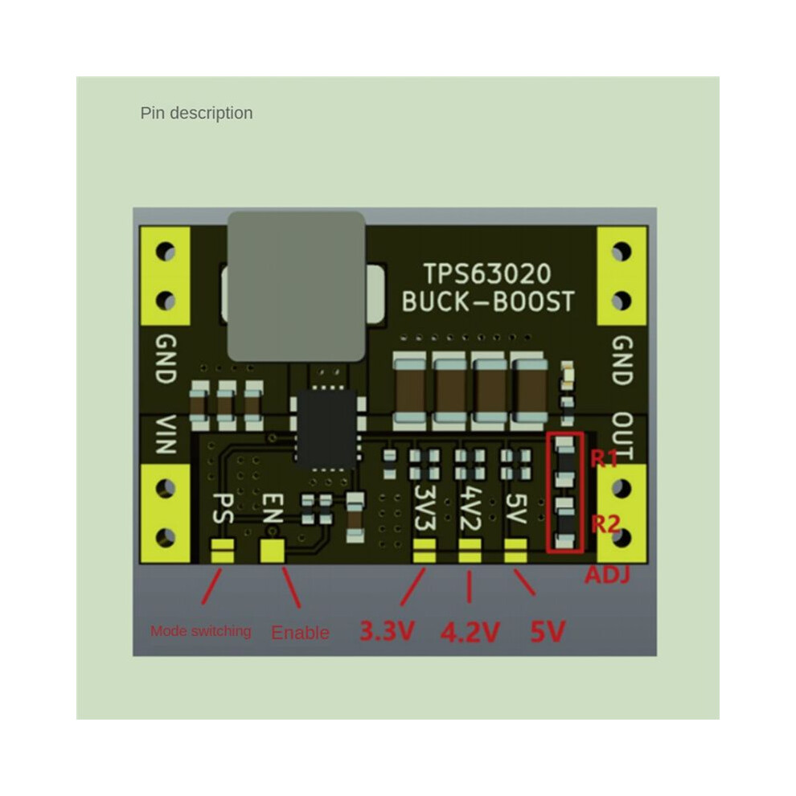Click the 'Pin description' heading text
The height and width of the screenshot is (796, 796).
coord(196,113)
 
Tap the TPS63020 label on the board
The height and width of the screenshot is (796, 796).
coord(487,274)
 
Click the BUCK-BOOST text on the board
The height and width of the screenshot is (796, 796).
coord(488,302)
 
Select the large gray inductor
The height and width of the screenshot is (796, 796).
coord(297,287)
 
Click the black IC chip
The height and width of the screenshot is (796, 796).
coord(326,428)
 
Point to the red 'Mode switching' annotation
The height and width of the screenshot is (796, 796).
coord(200,631)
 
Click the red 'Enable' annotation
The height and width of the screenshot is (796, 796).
coord(300,633)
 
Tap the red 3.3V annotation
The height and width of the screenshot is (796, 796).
coord(388,631)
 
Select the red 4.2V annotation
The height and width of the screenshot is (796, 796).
coord(470,632)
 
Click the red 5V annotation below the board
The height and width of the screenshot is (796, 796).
coord(548,632)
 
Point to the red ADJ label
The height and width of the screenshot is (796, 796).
coord(607,575)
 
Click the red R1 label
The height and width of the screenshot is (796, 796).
coord(604,459)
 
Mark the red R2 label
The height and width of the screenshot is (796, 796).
coord(605,523)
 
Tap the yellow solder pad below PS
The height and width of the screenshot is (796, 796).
coord(223,552)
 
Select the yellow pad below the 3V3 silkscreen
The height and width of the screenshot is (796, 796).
coord(425,552)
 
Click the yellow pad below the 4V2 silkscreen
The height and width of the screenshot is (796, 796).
coord(470,552)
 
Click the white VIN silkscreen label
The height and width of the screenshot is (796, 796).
coord(165,434)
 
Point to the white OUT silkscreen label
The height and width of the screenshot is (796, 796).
coord(622,436)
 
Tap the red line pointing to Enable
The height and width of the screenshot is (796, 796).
coord(291,588)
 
